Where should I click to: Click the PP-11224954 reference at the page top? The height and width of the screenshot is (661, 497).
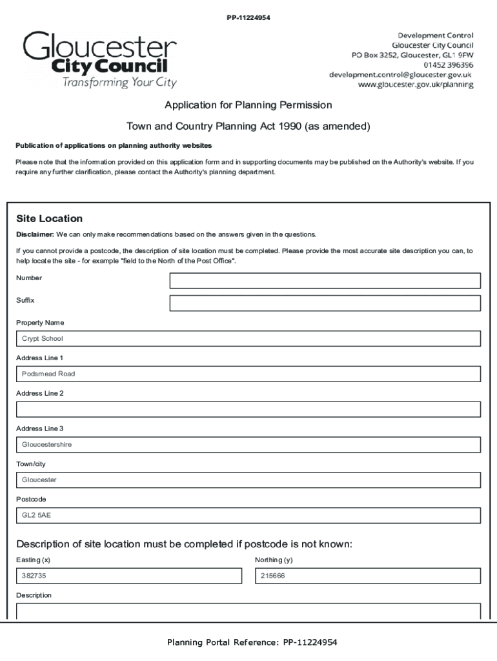point(248,17)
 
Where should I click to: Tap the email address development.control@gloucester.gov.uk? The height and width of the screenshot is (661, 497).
point(401,75)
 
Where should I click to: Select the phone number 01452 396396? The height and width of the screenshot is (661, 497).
point(448,65)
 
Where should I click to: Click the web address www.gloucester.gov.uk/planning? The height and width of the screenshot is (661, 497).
point(416,85)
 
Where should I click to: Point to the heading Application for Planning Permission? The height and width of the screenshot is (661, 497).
point(248,105)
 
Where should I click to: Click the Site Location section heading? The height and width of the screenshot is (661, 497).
point(49,219)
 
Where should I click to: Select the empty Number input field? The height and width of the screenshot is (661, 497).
point(325,281)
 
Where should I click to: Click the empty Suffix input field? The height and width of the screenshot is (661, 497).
point(325,303)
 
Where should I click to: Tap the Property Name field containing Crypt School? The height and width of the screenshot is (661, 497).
point(248,339)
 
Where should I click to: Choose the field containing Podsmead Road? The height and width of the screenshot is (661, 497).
point(248,374)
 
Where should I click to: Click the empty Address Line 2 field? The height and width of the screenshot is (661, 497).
point(248,409)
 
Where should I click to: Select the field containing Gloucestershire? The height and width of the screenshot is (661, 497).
point(248,445)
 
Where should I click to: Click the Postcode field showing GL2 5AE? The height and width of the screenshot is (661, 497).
point(248,516)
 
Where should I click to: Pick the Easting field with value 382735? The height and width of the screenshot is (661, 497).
point(128,576)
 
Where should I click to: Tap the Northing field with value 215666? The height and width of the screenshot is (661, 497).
point(367,576)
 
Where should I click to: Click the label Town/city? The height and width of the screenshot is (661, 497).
point(31,464)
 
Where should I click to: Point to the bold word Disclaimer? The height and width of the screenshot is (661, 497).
point(35,234)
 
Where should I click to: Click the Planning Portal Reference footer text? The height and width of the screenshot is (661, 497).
point(252,642)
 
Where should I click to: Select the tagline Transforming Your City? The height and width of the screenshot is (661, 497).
point(119,83)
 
